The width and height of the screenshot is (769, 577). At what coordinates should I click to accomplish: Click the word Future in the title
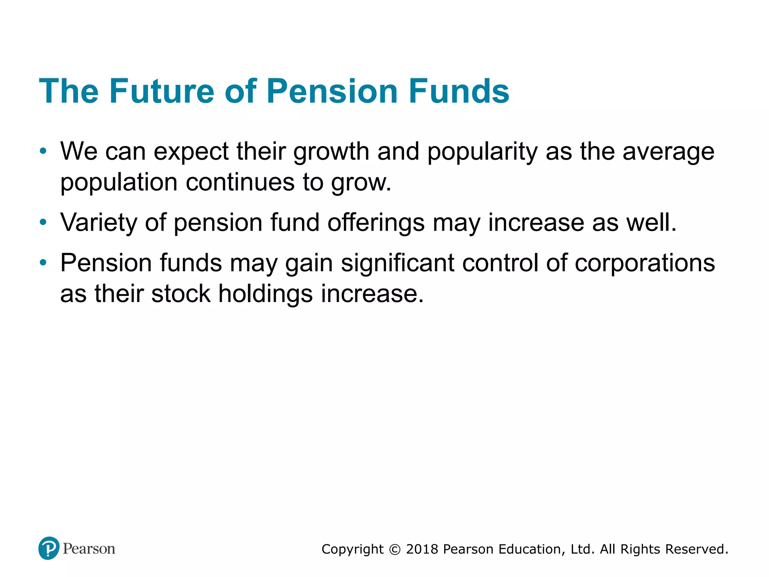coord(161,91)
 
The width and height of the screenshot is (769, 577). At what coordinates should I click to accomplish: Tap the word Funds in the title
coord(458,91)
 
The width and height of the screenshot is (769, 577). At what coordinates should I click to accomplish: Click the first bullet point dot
coord(43,151)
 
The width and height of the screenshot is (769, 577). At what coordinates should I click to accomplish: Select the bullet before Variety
coord(43,222)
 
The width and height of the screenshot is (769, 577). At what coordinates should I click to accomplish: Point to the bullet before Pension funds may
coord(43,263)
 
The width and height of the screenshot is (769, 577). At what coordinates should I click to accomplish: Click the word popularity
coord(483,152)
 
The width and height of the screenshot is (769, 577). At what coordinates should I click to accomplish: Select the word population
coord(119,183)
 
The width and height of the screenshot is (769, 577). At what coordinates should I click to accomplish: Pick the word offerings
coord(376,222)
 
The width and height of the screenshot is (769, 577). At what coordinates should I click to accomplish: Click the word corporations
coord(645,263)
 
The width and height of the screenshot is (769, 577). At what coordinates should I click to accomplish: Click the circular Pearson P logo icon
coord(49,548)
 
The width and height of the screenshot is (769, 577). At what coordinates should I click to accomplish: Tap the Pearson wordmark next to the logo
coord(89,549)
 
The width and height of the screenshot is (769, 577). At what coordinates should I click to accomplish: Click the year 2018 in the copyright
coord(422,549)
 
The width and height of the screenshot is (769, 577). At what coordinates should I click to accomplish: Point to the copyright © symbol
coord(395,550)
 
